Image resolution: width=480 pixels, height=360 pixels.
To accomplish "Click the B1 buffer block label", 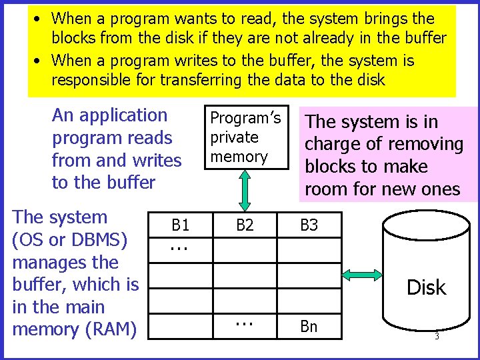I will [181, 225].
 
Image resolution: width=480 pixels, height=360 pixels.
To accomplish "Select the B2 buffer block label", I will [245, 225].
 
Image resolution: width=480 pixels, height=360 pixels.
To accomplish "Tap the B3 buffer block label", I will [309, 225].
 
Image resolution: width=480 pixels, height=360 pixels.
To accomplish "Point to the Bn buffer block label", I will [309, 327].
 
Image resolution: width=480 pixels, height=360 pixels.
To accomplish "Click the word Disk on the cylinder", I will [426, 287].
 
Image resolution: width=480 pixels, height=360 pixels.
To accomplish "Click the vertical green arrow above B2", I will [245, 191].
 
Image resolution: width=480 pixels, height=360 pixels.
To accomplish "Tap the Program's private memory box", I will [246, 137].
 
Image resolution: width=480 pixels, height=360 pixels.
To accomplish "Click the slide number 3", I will [437, 337].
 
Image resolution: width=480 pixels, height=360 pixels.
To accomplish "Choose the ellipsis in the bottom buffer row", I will [245, 322].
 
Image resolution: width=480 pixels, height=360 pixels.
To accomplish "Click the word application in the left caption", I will [123, 115].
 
